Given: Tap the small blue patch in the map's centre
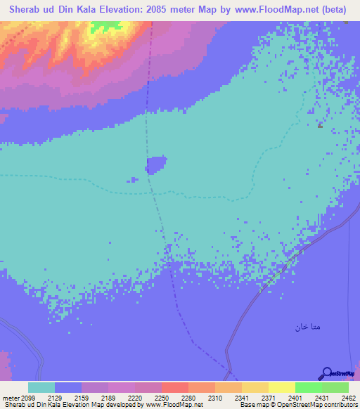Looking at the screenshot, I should [x=156, y=165].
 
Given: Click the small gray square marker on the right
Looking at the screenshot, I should [x=320, y=126].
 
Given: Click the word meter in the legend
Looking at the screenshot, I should [x=10, y=397].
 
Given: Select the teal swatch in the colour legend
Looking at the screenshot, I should [x=41, y=387].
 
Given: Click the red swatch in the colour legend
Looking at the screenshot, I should [x=174, y=387].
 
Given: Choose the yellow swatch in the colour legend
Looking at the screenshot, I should [x=281, y=387].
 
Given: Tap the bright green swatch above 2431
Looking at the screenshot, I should [x=308, y=387].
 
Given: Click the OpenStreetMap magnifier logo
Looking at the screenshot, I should [x=326, y=372].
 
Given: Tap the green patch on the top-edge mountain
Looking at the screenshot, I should [x=105, y=27].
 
